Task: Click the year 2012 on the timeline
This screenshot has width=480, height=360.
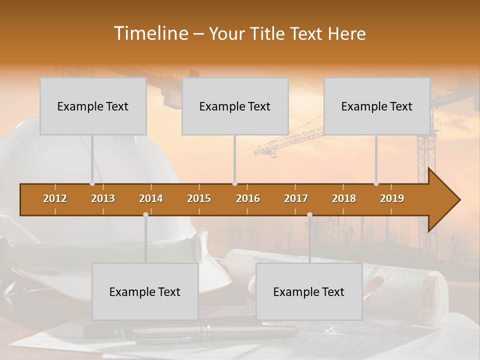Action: point(55,199)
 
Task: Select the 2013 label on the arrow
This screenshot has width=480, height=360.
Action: point(103,199)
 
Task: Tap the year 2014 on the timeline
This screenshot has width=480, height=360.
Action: point(151,199)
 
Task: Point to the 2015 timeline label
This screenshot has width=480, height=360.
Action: point(199,199)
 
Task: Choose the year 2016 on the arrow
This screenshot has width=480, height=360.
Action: point(248,199)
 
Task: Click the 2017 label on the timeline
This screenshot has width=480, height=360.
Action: point(296,199)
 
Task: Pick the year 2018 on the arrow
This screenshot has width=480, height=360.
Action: point(344,199)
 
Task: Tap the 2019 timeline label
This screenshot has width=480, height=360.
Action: point(392,199)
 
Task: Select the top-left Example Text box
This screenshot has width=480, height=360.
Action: point(93,106)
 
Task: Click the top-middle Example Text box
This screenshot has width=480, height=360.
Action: point(235,106)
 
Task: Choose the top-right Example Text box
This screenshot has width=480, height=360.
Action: point(377,106)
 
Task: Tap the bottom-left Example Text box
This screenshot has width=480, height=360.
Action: point(145,292)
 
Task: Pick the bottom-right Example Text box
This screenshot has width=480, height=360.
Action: point(309,292)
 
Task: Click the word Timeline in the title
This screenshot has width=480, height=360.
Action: point(150,33)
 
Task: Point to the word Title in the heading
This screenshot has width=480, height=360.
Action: point(268,34)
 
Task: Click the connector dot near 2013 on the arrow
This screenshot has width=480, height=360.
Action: point(92,183)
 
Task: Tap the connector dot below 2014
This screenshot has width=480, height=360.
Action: point(145,214)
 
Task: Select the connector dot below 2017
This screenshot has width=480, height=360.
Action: point(309,214)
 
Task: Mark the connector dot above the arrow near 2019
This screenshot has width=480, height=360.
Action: point(376,183)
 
